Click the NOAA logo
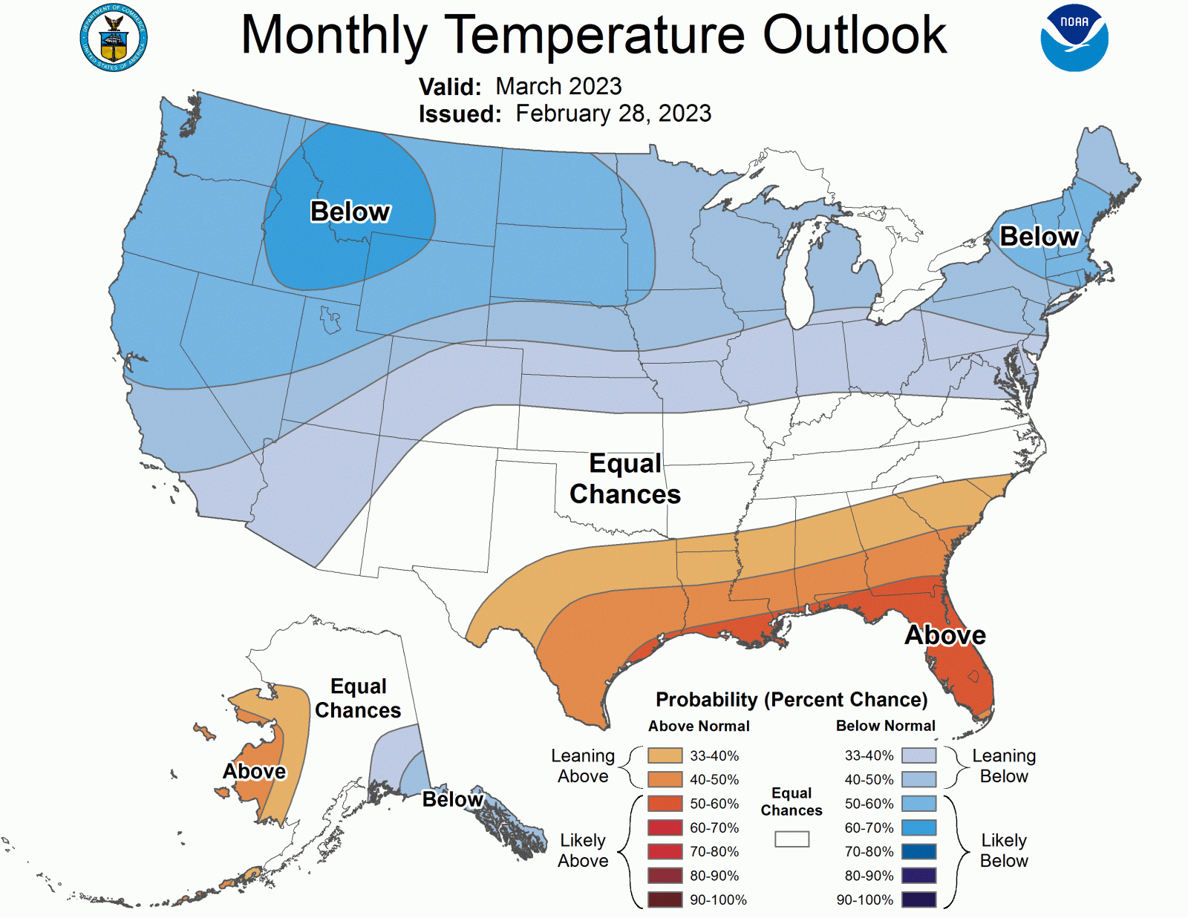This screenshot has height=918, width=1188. (1074, 38)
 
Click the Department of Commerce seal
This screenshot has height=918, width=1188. (114, 38)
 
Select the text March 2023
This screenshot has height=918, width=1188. (558, 86)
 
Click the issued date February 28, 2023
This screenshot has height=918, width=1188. (613, 114)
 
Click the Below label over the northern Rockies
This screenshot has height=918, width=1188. (350, 212)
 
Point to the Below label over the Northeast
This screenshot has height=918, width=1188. (1039, 236)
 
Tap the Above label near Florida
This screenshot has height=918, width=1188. (945, 635)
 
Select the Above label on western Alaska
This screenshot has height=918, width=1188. (255, 772)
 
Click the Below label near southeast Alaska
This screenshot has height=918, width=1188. (453, 799)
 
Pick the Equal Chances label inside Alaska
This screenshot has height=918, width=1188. (358, 698)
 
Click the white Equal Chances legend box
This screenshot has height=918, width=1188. (792, 839)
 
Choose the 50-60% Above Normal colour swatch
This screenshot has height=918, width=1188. (665, 804)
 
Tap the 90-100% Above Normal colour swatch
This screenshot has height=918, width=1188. (665, 899)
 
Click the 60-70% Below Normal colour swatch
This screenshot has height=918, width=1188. (918, 827)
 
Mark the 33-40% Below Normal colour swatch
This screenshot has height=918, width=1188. (918, 755)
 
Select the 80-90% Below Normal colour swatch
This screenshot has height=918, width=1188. (918, 876)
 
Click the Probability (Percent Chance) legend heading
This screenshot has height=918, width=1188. (792, 700)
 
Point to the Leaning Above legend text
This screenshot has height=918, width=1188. (583, 766)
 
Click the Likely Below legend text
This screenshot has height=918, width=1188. (1004, 850)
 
